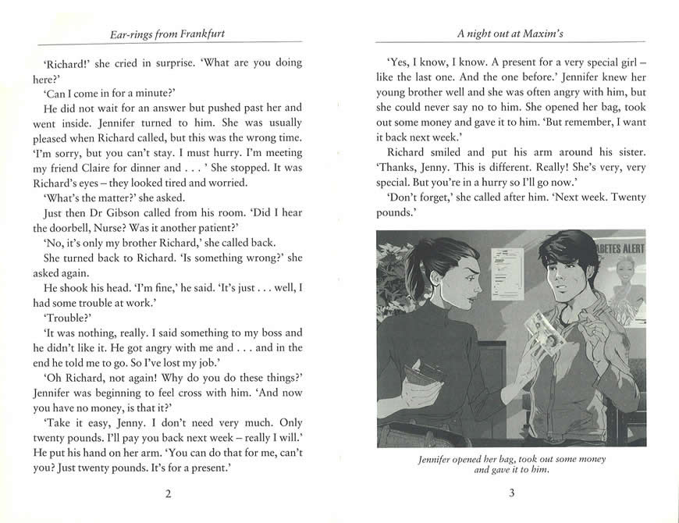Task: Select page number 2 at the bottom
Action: coord(169,493)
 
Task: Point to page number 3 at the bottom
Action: coord(511,493)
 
